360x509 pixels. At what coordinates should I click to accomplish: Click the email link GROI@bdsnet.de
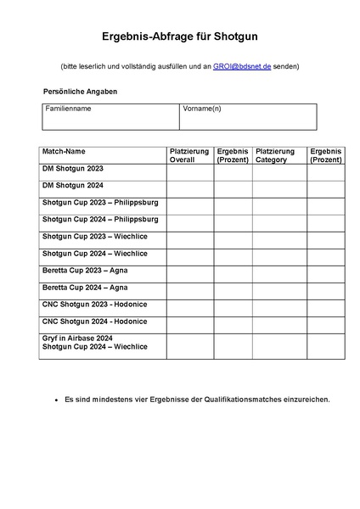242,66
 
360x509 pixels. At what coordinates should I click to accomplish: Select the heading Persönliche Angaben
80,91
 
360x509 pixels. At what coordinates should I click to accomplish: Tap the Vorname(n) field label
202,109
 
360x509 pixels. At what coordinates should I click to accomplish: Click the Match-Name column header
64,151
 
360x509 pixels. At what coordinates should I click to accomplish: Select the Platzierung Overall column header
189,155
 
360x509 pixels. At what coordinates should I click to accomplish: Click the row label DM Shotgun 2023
73,169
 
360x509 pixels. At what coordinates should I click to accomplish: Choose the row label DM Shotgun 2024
73,186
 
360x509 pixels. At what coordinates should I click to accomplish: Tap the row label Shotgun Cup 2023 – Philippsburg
100,203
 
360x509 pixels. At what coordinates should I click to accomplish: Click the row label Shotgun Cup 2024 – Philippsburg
100,220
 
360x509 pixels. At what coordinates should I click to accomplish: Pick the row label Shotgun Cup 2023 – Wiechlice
95,237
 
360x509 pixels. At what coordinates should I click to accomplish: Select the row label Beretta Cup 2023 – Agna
85,271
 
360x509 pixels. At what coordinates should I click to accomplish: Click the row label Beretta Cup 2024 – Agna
85,288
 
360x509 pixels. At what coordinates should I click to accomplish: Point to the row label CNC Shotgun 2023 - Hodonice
94,305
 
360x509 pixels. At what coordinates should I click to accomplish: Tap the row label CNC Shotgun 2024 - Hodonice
94,322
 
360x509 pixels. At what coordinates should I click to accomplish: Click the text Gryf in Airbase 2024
77,338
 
